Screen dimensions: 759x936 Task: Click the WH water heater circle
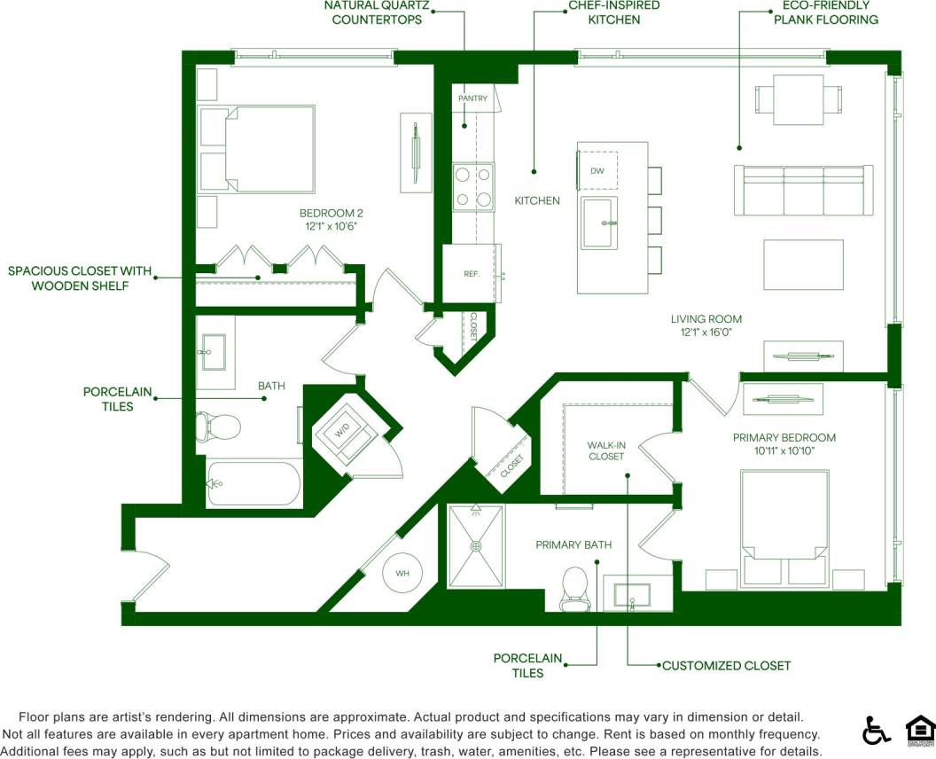pyautogui.click(x=402, y=573)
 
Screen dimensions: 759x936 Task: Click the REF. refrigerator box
pyautogui.click(x=471, y=273)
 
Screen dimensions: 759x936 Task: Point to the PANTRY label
pyautogui.click(x=472, y=98)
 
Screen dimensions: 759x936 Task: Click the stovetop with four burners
pyautogui.click(x=473, y=187)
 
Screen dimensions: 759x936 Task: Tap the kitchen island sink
pyautogui.click(x=599, y=223)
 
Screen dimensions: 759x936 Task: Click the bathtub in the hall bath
pyautogui.click(x=253, y=483)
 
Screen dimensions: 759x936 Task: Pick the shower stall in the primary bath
pyautogui.click(x=476, y=546)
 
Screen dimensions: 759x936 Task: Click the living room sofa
pyautogui.click(x=803, y=190)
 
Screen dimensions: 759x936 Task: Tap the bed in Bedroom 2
pyautogui.click(x=258, y=149)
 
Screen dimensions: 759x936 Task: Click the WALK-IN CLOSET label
pyautogui.click(x=605, y=450)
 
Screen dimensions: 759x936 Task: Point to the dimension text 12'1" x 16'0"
pyautogui.click(x=706, y=333)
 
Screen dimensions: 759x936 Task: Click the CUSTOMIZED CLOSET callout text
pyautogui.click(x=726, y=665)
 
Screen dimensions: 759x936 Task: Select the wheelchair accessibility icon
pyautogui.click(x=876, y=730)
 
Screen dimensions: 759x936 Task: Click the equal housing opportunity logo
pyautogui.click(x=920, y=730)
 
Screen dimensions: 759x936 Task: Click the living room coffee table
pyautogui.click(x=804, y=263)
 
